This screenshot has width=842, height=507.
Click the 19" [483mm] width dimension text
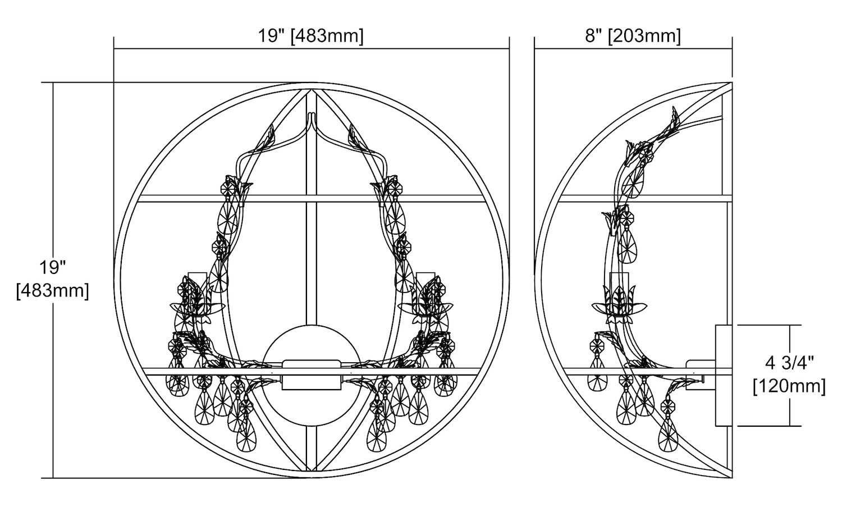pos(310,36)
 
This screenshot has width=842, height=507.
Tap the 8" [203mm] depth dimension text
pos(633,36)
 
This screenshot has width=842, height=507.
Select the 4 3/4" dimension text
pos(789,363)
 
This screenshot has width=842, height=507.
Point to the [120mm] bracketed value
pos(789,386)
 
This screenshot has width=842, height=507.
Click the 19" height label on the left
pos(53,268)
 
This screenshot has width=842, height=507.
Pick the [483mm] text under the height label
pos(53,291)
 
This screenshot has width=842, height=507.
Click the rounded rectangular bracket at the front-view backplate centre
pos(312,374)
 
